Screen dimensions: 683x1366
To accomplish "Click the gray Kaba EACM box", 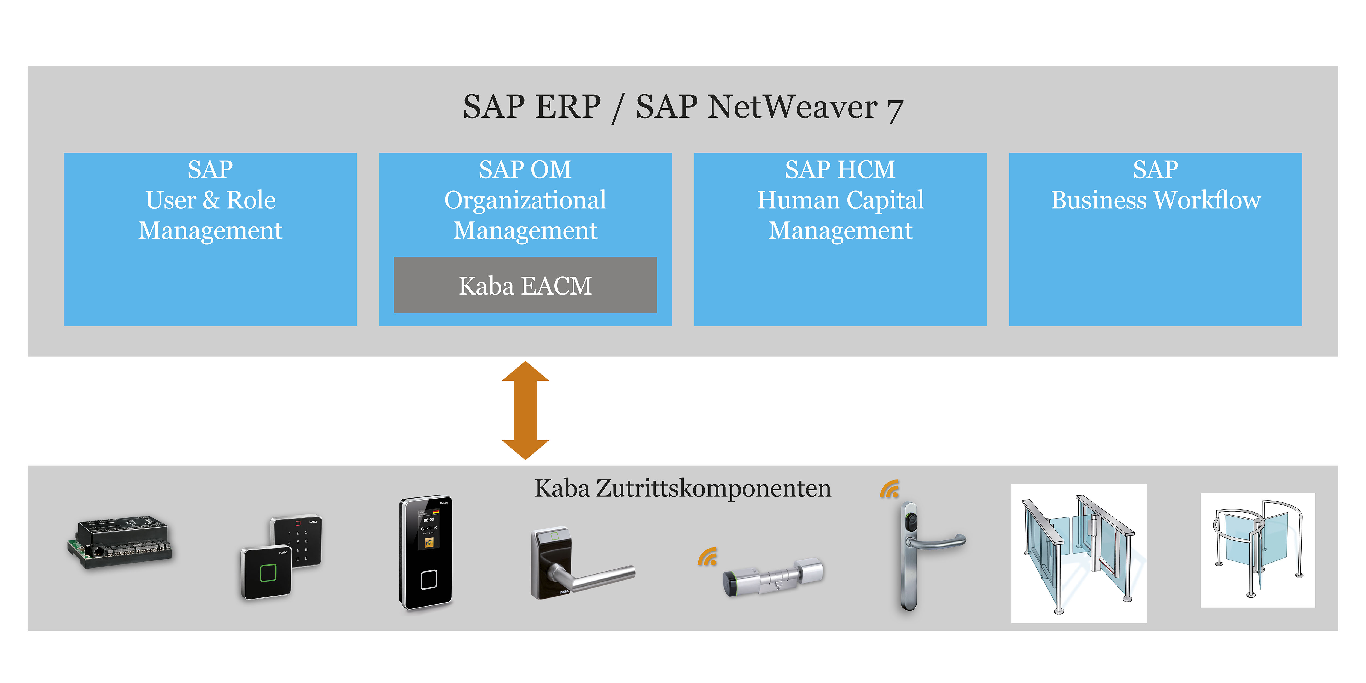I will click(x=525, y=285).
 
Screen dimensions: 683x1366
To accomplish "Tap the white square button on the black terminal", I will click(x=428, y=580).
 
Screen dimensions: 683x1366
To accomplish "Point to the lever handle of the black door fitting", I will click(x=599, y=577).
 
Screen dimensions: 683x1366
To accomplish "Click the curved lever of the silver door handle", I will click(x=939, y=542).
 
